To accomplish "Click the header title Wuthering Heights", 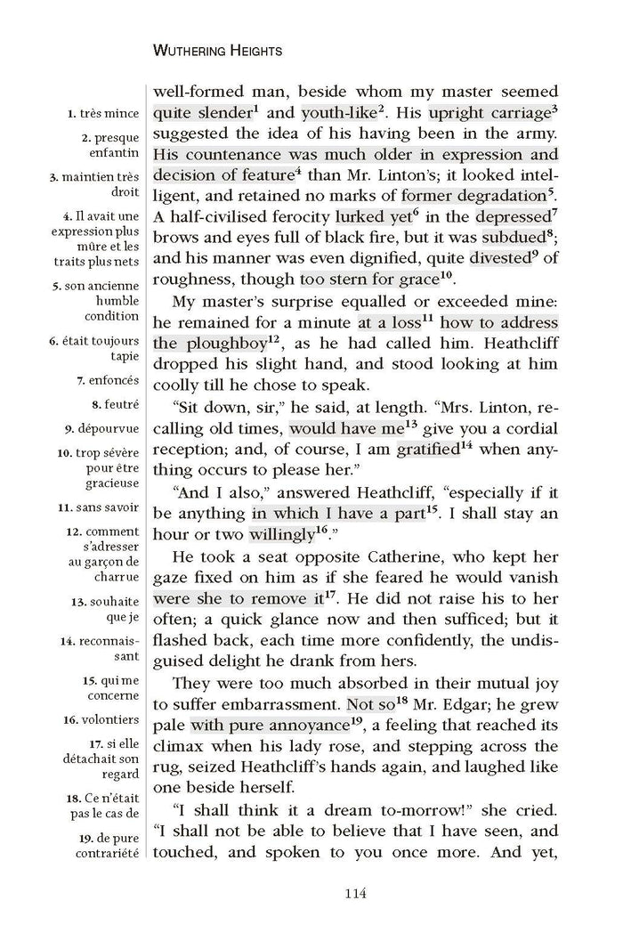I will click(x=218, y=52).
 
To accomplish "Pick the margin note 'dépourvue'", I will click(x=109, y=427).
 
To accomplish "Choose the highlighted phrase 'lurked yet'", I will click(x=371, y=216).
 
